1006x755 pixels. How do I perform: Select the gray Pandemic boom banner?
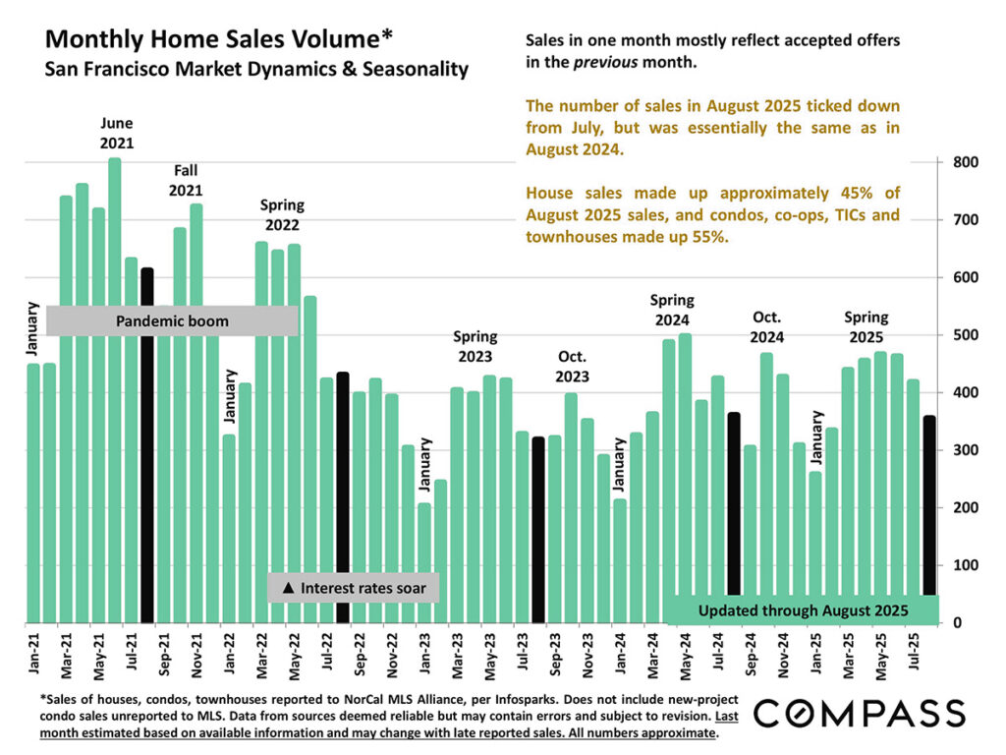[172, 320]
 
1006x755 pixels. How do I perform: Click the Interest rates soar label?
[353, 588]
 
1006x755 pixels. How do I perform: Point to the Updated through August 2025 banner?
[802, 610]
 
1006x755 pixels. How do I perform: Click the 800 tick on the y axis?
[963, 162]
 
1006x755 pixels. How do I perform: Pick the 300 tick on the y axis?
[963, 450]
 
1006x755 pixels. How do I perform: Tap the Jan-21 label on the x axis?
[33, 654]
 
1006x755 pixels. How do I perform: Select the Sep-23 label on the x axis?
[555, 654]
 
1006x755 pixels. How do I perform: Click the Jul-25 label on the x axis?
[913, 654]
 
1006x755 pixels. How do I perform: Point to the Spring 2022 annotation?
[282, 214]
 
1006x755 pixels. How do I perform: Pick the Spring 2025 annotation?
[866, 326]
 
